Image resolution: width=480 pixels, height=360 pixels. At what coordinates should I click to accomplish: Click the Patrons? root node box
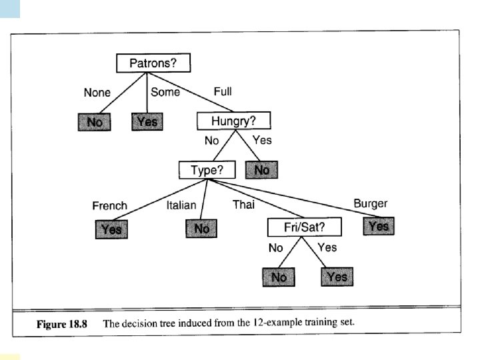pyautogui.click(x=153, y=63)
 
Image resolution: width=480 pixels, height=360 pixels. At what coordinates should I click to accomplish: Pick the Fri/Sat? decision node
pyautogui.click(x=304, y=227)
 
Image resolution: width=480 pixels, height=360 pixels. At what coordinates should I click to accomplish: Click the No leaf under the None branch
pyautogui.click(x=95, y=122)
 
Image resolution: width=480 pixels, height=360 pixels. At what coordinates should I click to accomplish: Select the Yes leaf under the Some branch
pyautogui.click(x=147, y=122)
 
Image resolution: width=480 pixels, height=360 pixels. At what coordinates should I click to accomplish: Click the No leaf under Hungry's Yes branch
pyautogui.click(x=262, y=170)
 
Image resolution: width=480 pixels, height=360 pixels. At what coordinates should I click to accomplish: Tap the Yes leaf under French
pyautogui.click(x=110, y=229)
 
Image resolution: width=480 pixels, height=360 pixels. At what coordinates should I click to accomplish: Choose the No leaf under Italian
pyautogui.click(x=202, y=229)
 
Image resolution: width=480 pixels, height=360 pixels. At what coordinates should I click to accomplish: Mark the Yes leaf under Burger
pyautogui.click(x=379, y=226)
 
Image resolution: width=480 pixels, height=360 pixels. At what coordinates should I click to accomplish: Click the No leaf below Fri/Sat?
pyautogui.click(x=279, y=277)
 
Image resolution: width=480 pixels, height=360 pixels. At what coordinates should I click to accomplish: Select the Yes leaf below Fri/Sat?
pyautogui.click(x=337, y=276)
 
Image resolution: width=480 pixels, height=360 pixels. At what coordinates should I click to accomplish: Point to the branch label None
pyautogui.click(x=97, y=93)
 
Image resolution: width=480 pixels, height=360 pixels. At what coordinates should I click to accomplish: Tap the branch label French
pyautogui.click(x=109, y=205)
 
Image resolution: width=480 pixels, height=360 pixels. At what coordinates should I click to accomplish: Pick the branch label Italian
pyautogui.click(x=181, y=205)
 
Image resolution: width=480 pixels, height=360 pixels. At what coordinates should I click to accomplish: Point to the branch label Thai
pyautogui.click(x=243, y=205)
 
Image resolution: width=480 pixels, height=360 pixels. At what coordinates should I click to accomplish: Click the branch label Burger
pyautogui.click(x=370, y=203)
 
